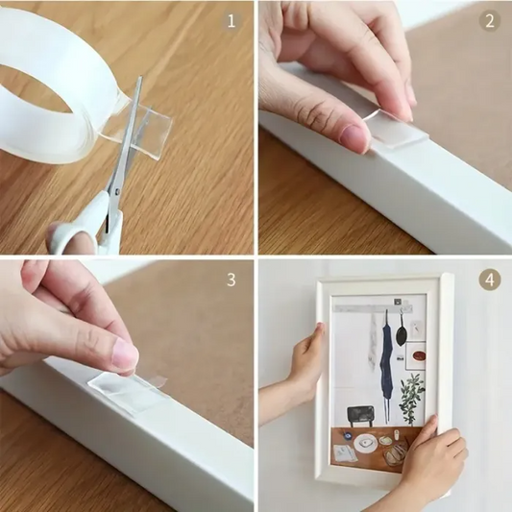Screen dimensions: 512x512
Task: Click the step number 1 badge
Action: click(231, 20)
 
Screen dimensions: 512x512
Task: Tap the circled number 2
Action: click(490, 20)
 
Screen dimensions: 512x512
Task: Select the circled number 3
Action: click(231, 280)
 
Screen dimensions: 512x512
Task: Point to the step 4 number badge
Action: click(490, 280)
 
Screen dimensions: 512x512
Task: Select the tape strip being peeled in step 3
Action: click(125, 391)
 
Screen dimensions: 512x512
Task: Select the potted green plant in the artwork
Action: click(412, 394)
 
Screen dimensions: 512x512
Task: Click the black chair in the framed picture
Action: click(362, 409)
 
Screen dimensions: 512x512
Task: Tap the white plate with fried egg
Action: click(365, 444)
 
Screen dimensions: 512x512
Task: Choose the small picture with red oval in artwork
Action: click(415, 358)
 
